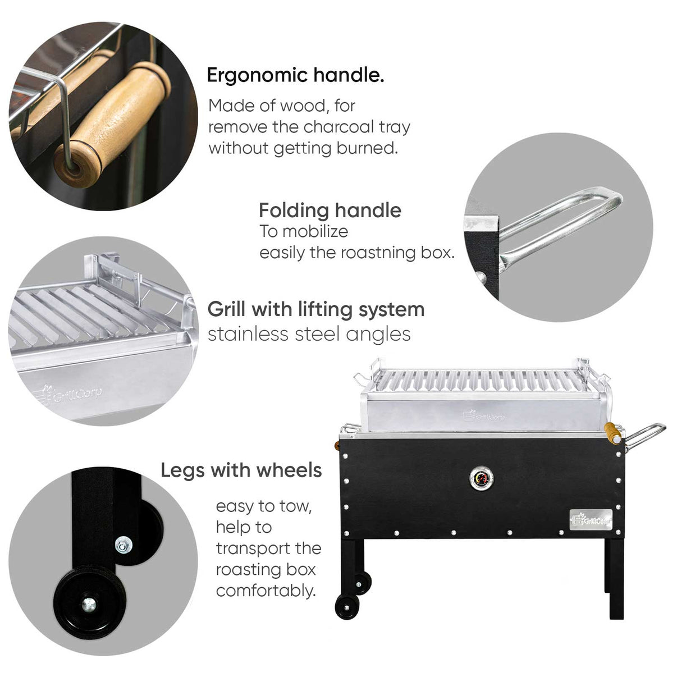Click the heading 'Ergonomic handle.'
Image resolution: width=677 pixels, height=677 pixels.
coord(295,75)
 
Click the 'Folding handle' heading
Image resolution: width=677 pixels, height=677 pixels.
coord(330,211)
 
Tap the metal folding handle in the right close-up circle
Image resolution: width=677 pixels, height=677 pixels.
coord(561,225)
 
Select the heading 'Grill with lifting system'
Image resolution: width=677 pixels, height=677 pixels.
coord(315,309)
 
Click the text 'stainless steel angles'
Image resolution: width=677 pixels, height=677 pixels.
coord(309,335)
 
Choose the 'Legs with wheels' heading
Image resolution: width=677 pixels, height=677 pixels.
coord(241,470)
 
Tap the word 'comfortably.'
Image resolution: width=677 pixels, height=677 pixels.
coord(266,591)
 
